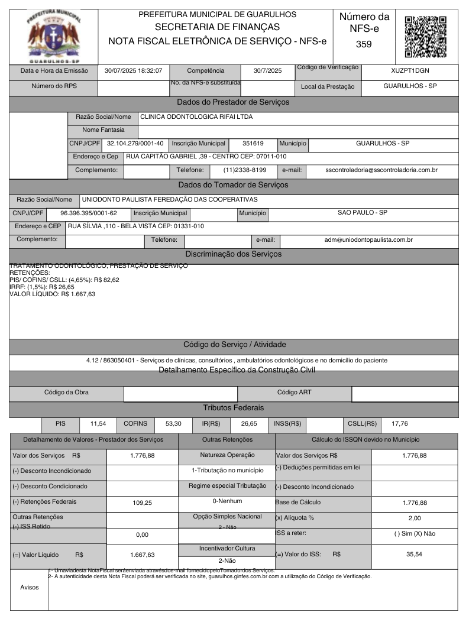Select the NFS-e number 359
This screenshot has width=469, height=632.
coord(364,44)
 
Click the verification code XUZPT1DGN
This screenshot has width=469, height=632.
coord(410,70)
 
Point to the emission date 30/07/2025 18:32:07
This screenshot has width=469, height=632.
coord(133,70)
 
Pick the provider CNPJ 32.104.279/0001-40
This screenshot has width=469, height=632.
coord(135,143)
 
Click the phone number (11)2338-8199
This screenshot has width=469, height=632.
coord(245,170)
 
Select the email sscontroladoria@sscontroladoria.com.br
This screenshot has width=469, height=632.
coord(381,170)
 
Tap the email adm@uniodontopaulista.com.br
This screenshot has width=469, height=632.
coord(368,240)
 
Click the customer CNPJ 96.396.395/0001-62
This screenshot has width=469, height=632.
coord(89,213)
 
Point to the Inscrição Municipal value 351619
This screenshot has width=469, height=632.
coord(253,143)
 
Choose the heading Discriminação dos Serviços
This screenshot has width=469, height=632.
coord(233,254)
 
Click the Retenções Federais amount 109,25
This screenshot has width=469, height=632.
coord(142,503)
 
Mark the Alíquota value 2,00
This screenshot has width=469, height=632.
coord(414,518)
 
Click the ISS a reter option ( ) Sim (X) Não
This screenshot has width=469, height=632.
coord(414,533)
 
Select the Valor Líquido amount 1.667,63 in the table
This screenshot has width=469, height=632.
coord(142,555)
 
